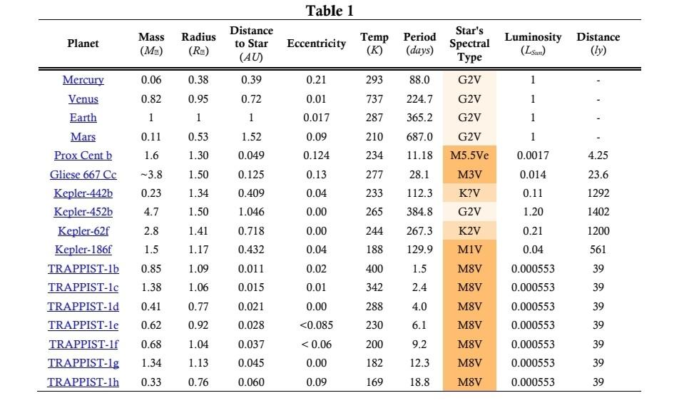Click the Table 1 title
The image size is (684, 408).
[330, 11]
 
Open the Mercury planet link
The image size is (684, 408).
[83, 80]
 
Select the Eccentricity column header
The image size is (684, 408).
[316, 44]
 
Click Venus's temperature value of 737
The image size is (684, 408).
[374, 99]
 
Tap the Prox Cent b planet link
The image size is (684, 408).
[83, 155]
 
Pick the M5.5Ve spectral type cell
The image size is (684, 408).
[469, 155]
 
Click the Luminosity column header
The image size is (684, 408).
[533, 43]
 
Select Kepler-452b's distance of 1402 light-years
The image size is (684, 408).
[598, 212]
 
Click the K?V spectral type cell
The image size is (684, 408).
[469, 193]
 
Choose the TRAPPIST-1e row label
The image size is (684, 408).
[83, 325]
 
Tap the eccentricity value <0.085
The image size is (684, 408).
[316, 325]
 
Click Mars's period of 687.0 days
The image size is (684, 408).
[419, 136]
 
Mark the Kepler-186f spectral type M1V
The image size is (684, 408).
[469, 250]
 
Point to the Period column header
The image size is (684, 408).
[419, 43]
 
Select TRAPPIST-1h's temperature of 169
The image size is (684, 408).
[374, 382]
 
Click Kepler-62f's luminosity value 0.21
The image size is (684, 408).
[533, 231]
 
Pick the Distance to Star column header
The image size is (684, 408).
[251, 44]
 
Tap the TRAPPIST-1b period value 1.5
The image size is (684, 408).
[419, 269]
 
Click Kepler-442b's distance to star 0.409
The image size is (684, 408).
[251, 193]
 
